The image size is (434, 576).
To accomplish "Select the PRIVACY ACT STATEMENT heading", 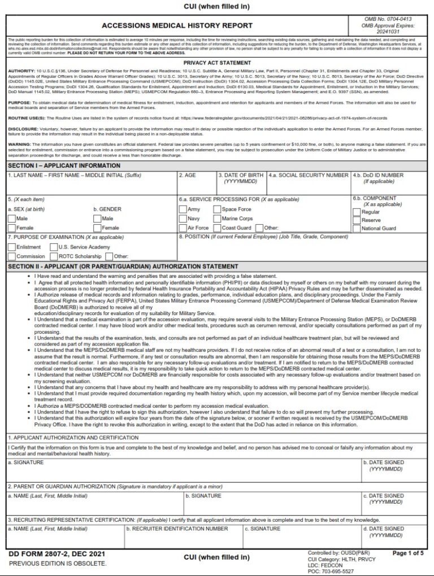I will click(x=217, y=63).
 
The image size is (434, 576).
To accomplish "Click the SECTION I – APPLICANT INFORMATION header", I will click(x=64, y=165).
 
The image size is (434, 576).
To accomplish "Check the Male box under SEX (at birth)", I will click(x=11, y=219).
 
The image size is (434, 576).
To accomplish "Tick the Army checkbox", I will click(x=183, y=210).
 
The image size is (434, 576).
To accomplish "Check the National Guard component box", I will click(x=356, y=229).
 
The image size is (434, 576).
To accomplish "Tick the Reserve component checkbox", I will click(x=356, y=220).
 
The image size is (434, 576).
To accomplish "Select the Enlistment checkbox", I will click(x=11, y=247).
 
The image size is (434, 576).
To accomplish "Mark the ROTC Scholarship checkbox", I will click(x=54, y=256).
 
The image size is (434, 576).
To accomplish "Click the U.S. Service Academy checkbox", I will click(x=54, y=247).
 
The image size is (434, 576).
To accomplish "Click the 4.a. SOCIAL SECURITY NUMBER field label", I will click(x=309, y=176).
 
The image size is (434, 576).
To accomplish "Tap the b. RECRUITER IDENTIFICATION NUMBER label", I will click(x=177, y=529).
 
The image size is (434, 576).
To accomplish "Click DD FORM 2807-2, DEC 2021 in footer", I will click(x=49, y=554).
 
